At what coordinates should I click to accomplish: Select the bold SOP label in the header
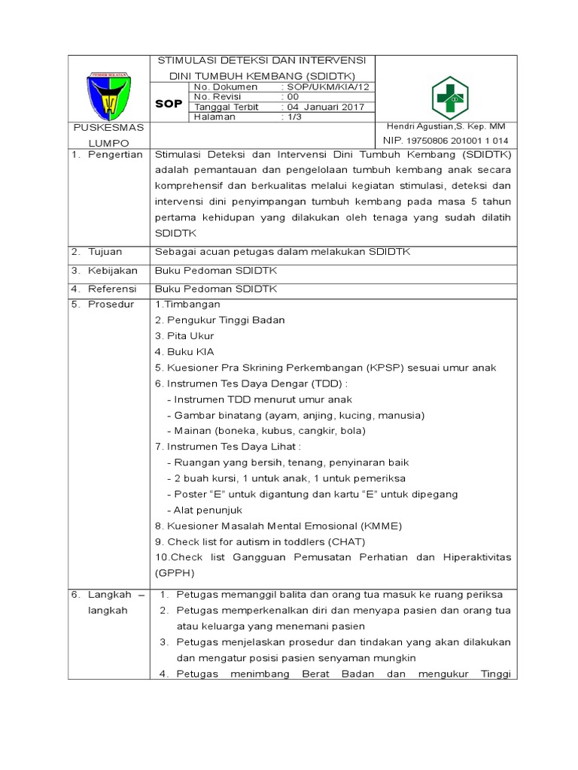169,104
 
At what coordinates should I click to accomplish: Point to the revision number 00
292,97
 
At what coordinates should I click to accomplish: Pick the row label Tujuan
106,252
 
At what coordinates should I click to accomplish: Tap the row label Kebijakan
112,270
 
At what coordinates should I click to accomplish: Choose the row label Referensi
112,288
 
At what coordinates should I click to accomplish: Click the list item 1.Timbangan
187,305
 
